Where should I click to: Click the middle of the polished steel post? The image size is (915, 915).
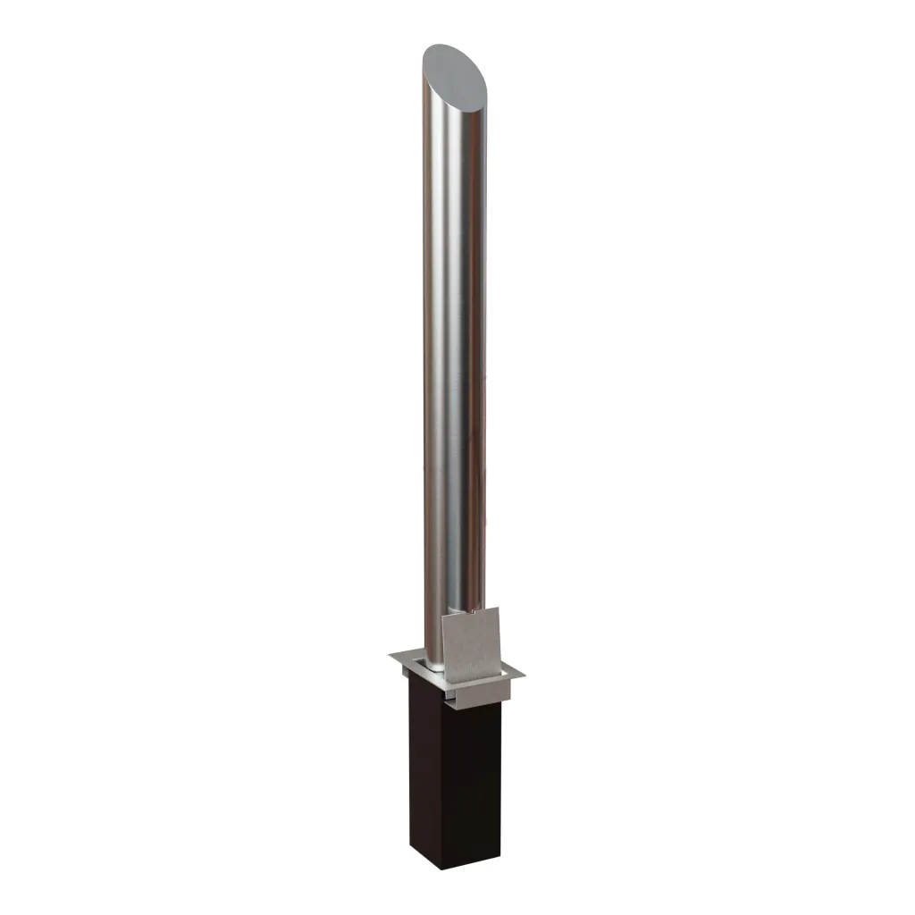coord(456,357)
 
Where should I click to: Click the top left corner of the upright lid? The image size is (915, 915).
coord(443,617)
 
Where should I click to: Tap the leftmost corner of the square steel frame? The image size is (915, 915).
coord(390,657)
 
